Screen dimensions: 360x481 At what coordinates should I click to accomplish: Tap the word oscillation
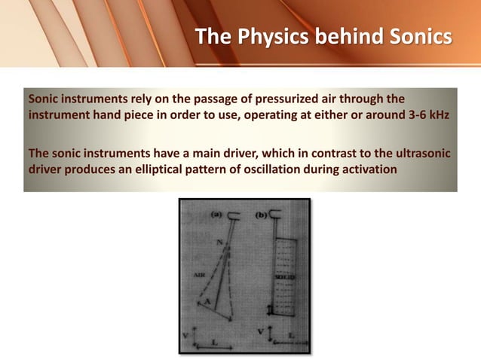click(x=269, y=169)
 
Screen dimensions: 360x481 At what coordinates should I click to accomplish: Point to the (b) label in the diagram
click(x=261, y=215)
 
